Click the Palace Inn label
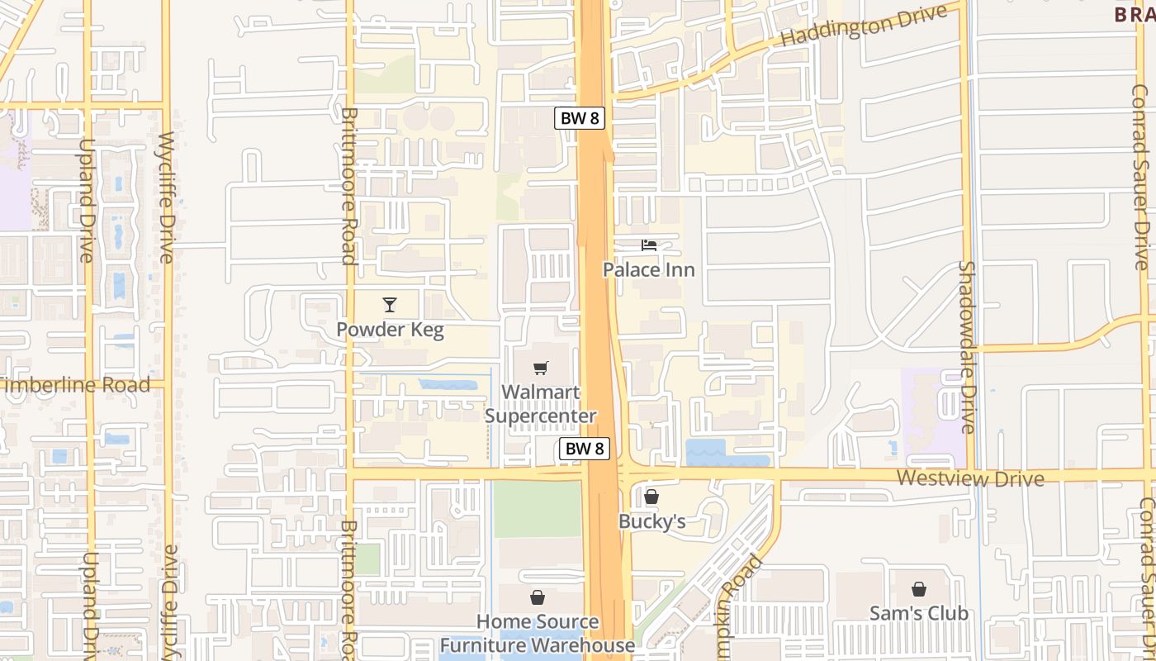pos(648,269)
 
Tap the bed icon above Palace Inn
pos(649,245)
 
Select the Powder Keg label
pos(390,330)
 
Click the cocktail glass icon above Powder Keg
pos(390,305)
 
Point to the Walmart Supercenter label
pos(540,404)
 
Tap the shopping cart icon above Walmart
pos(540,369)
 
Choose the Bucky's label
pos(652,521)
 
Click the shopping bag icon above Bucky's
pos(651,497)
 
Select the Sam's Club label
pos(918,613)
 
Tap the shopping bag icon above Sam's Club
pos(918,589)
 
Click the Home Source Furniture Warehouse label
pos(538,633)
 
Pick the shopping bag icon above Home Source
pos(538,597)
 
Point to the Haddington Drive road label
pos(863,26)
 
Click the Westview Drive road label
pos(970,478)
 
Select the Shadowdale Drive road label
pos(967,347)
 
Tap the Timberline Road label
pos(76,384)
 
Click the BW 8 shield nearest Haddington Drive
pos(580,118)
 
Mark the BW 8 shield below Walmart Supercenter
pos(585,449)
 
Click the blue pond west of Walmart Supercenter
pos(448,385)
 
